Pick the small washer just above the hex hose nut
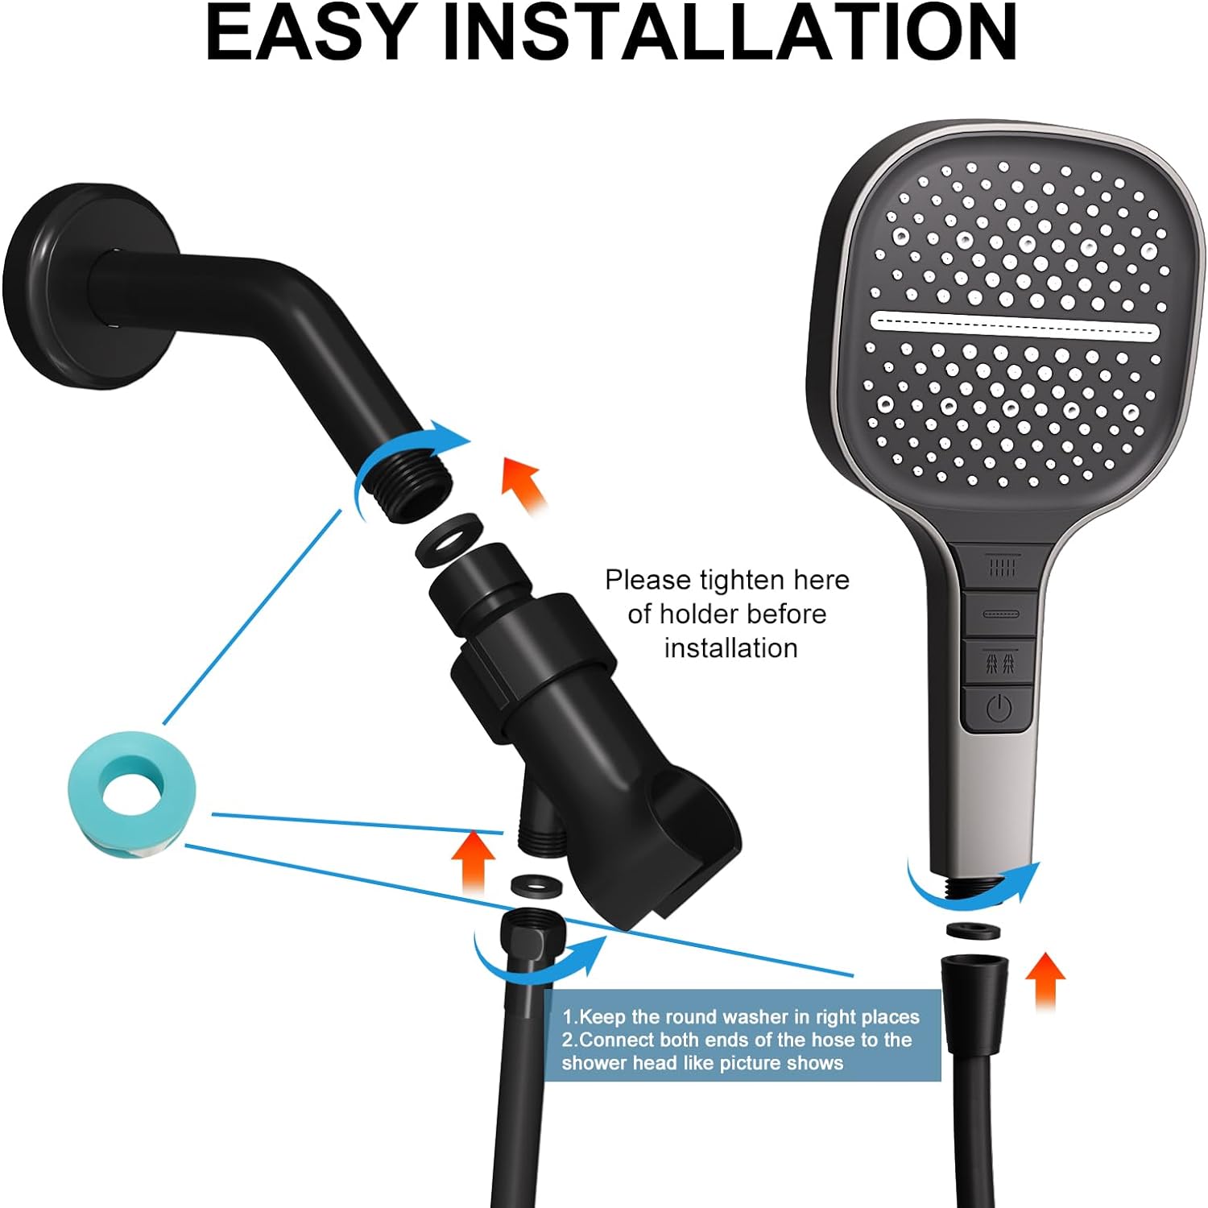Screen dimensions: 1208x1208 [x=538, y=883]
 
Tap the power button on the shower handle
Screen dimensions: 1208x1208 [x=999, y=709]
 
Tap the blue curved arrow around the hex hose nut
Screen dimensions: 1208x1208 [x=523, y=970]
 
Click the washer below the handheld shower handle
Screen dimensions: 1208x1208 [x=973, y=930]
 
